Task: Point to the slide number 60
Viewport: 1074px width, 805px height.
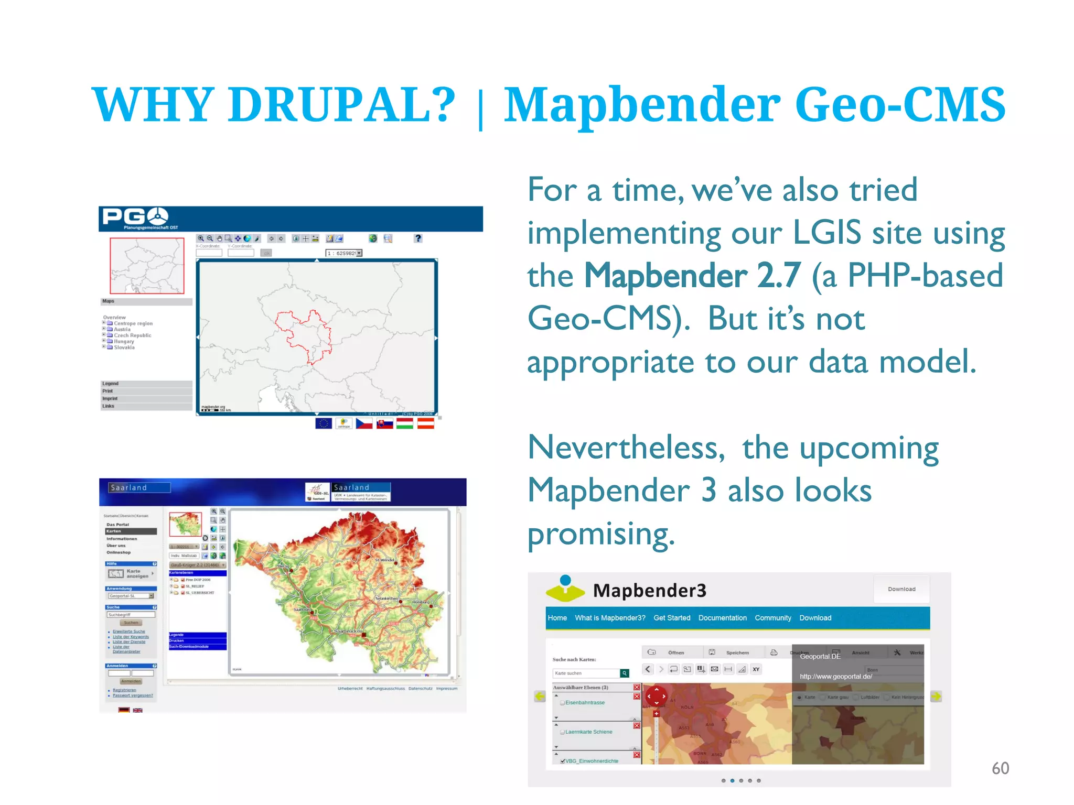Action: pyautogui.click(x=1000, y=768)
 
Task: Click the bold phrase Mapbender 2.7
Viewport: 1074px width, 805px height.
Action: pyautogui.click(x=692, y=276)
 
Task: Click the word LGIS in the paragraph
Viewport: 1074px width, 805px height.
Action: pyautogui.click(x=826, y=233)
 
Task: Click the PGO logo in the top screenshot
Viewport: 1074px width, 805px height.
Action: pyautogui.click(x=135, y=216)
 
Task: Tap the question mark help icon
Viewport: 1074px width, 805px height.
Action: pyautogui.click(x=418, y=238)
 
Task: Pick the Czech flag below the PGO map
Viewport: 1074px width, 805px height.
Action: pyautogui.click(x=364, y=423)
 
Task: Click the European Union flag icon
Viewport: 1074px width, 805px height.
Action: pyautogui.click(x=324, y=423)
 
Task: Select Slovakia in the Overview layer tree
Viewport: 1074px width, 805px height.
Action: pyautogui.click(x=124, y=347)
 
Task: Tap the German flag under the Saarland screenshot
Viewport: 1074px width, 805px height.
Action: pyautogui.click(x=124, y=710)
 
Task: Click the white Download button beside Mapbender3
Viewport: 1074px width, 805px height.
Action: pyautogui.click(x=901, y=589)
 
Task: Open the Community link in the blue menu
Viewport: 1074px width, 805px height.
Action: pyautogui.click(x=772, y=618)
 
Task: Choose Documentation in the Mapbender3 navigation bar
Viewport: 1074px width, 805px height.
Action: pyautogui.click(x=722, y=618)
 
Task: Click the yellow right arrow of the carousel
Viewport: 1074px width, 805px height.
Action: pyautogui.click(x=936, y=696)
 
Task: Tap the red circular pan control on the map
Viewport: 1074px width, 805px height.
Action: pyautogui.click(x=656, y=697)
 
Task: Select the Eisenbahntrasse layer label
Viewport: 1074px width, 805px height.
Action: pyautogui.click(x=585, y=703)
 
